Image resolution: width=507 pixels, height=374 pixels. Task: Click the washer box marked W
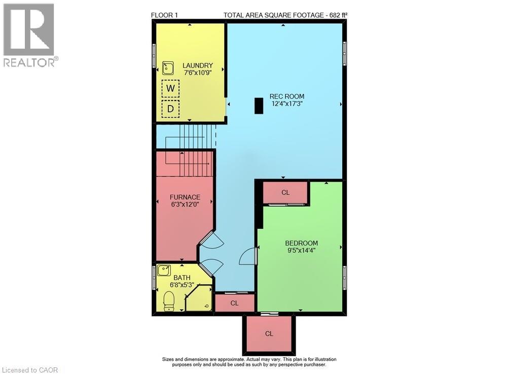[x=171, y=88]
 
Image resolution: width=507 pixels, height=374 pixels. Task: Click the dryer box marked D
[x=171, y=109]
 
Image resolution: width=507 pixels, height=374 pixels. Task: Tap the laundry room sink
[x=168, y=67]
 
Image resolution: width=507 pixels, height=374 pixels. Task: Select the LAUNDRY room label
[x=198, y=65]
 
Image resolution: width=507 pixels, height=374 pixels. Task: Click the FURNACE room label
[x=185, y=197]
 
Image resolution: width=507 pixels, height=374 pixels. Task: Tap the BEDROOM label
[x=301, y=243]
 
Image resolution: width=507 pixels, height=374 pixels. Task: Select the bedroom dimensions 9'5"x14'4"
[x=301, y=250]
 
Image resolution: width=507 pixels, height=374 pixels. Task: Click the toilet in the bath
[x=169, y=300]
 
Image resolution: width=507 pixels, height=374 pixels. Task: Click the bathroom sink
[x=164, y=270]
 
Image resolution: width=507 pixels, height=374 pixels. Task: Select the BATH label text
[x=183, y=278]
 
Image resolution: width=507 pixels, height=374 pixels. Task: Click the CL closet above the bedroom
[x=285, y=192]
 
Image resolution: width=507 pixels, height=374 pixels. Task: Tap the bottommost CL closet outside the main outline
[x=269, y=333]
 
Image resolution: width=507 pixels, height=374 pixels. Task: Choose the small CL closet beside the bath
[x=234, y=303]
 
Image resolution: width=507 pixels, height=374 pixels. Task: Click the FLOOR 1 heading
[x=165, y=15]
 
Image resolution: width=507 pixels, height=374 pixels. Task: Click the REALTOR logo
[x=29, y=36]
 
